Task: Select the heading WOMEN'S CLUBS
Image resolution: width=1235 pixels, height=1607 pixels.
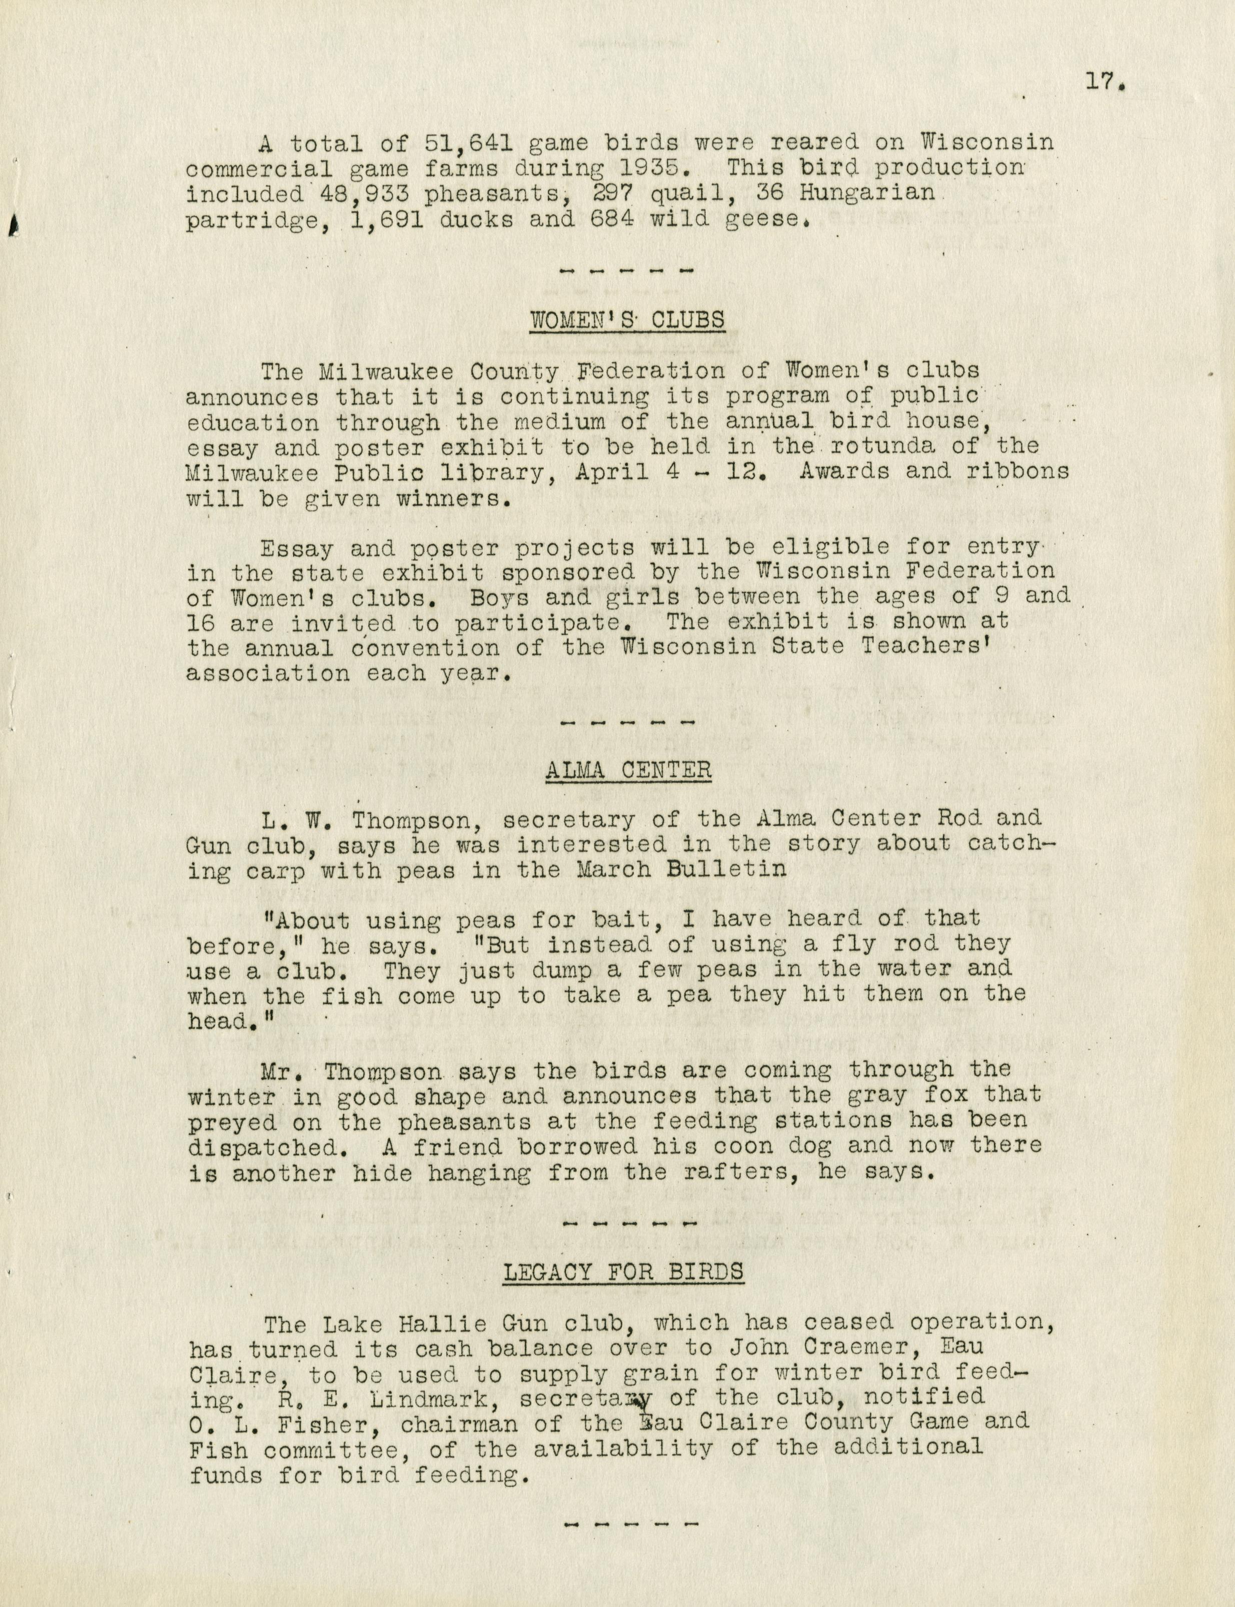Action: (x=627, y=321)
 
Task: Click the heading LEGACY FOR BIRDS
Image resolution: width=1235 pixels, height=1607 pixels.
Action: (x=623, y=1272)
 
